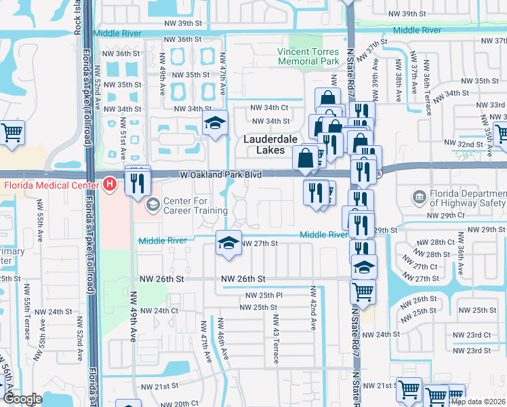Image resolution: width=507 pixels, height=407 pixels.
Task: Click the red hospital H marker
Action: [110, 184]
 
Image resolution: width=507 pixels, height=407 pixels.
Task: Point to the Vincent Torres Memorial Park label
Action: [308, 57]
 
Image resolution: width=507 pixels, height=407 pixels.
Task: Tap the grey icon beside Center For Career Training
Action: [153, 203]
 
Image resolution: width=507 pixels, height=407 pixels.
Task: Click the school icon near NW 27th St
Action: [229, 244]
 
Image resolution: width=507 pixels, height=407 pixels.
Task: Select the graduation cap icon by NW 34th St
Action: [215, 123]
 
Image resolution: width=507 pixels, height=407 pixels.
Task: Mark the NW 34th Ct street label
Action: [270, 107]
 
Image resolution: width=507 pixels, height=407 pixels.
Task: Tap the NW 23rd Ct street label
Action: [472, 335]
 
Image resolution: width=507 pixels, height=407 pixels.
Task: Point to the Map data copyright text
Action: [478, 402]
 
